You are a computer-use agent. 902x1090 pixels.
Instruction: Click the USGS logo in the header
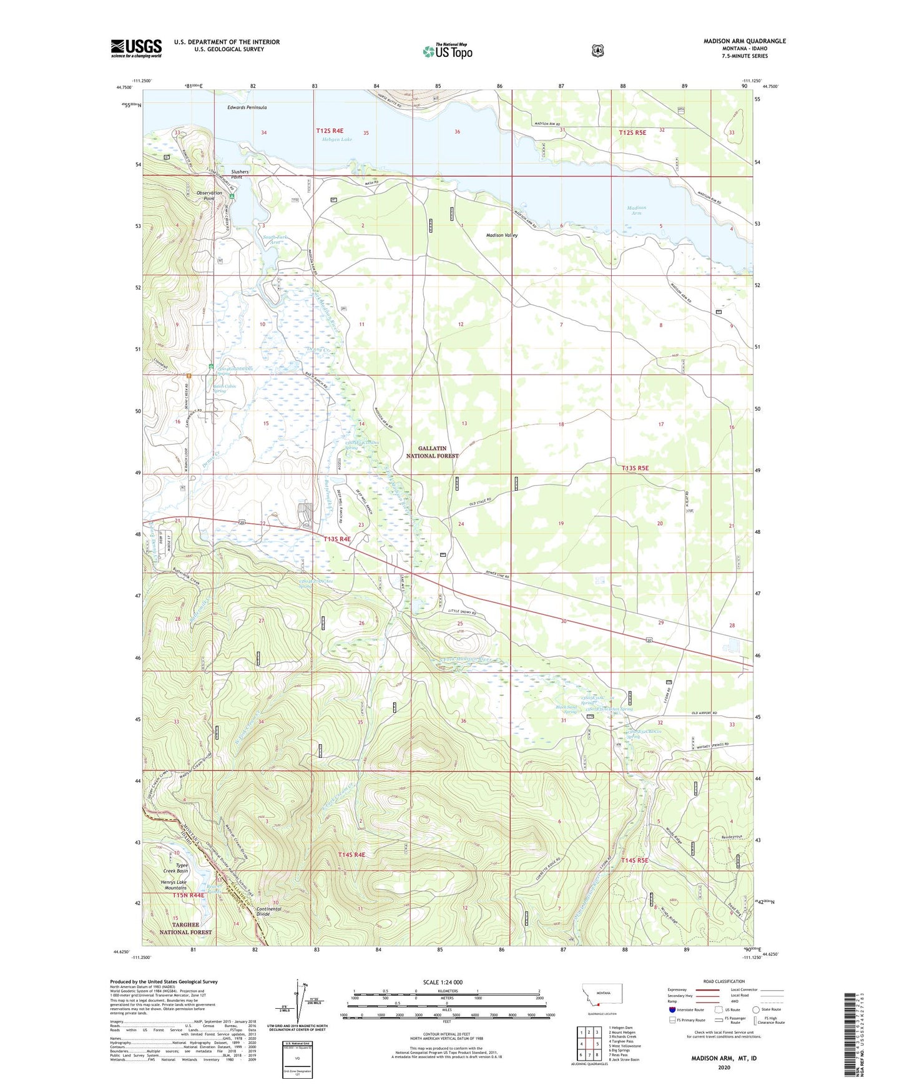click(136, 48)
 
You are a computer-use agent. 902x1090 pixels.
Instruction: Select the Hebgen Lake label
click(337, 139)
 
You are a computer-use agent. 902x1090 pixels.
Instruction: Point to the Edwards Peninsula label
click(247, 107)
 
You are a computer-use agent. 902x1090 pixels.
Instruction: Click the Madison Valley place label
click(502, 235)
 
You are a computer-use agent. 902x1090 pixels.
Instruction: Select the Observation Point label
click(209, 195)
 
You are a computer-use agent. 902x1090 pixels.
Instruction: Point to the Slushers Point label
click(240, 174)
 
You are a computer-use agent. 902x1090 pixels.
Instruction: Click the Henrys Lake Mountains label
click(174, 885)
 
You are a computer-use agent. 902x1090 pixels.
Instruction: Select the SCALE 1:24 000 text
click(443, 982)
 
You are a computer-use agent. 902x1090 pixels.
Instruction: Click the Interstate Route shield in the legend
click(672, 1009)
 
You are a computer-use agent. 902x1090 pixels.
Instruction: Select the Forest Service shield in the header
click(597, 51)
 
